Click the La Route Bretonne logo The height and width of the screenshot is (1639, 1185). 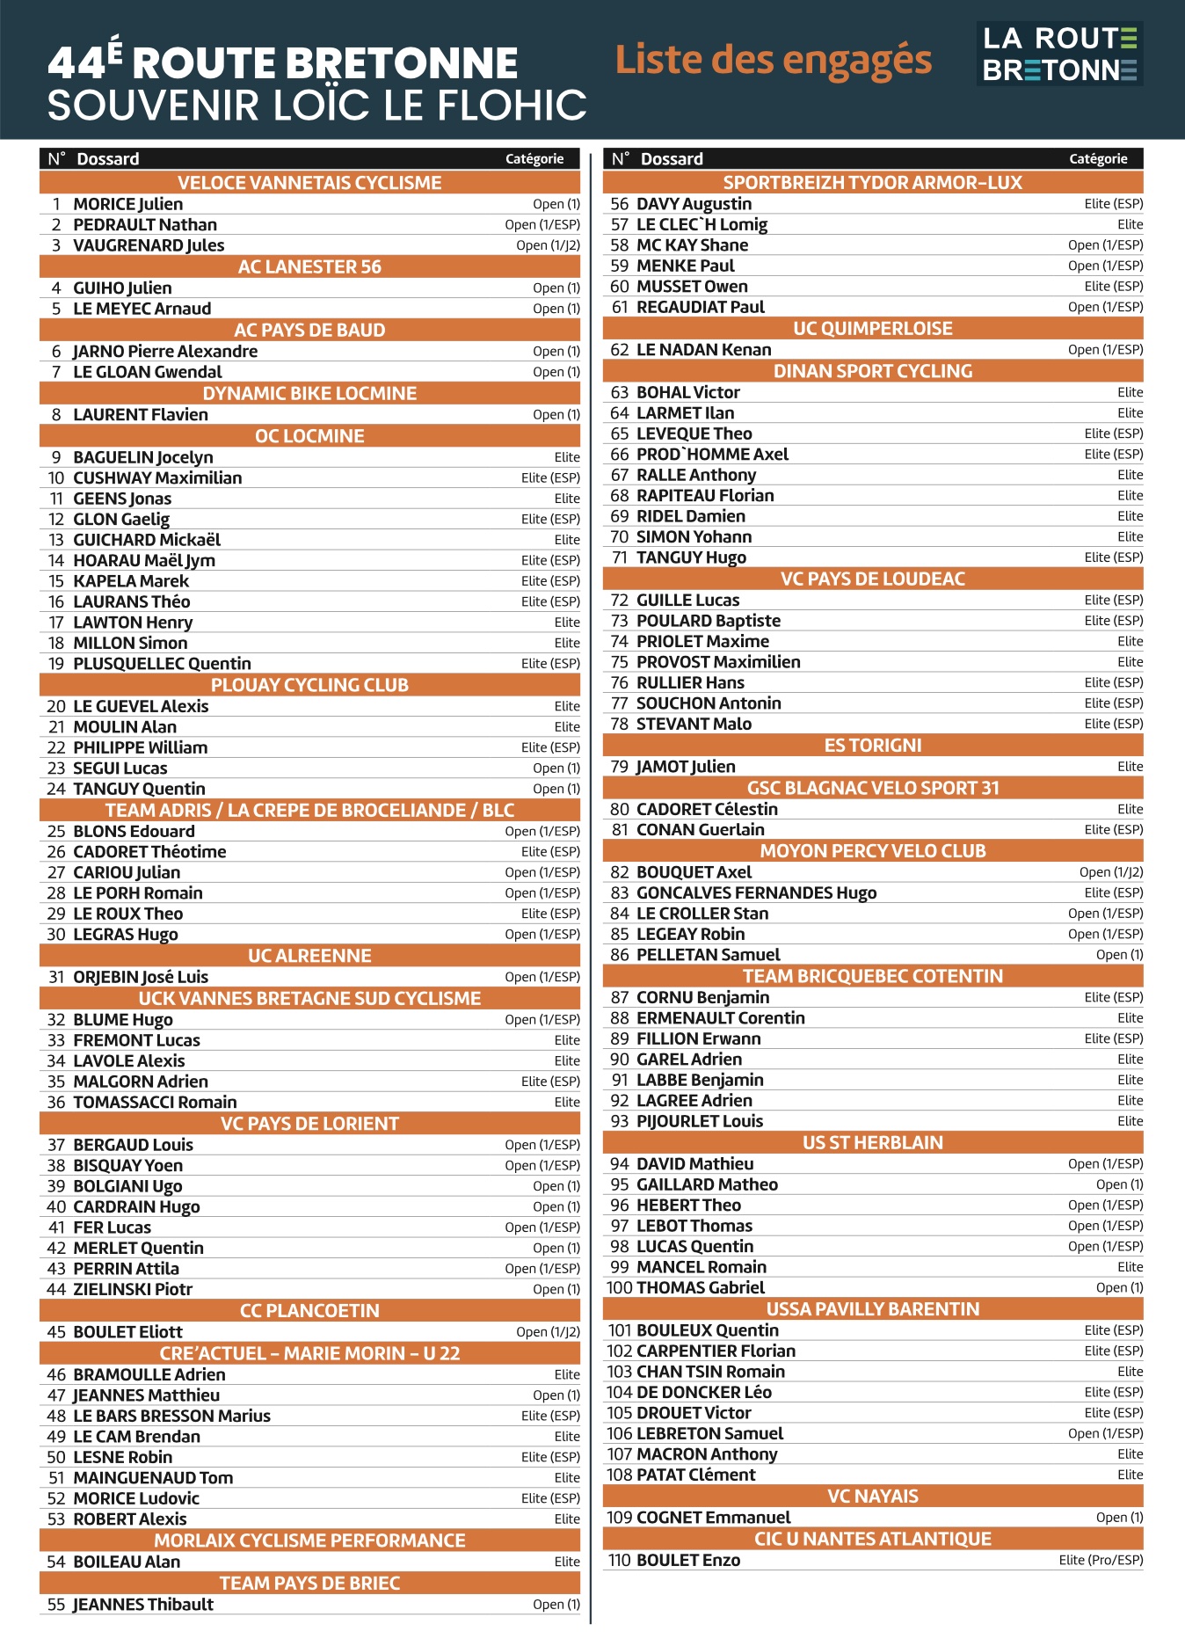[x=1059, y=54]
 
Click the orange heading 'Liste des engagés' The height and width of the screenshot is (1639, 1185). [x=773, y=60]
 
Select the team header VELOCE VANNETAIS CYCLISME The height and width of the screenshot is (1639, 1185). [x=309, y=183]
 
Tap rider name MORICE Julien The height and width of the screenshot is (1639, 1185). [x=128, y=204]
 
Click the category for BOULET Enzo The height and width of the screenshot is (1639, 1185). [x=1101, y=1560]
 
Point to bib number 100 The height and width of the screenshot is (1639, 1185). [x=619, y=1287]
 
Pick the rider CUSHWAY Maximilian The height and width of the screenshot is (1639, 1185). [x=157, y=477]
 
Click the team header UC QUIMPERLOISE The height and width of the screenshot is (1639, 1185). [x=872, y=329]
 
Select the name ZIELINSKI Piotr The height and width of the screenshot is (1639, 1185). [x=133, y=1289]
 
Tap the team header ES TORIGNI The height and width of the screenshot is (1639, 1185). [x=872, y=746]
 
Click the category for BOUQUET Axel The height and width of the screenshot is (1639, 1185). [x=1111, y=872]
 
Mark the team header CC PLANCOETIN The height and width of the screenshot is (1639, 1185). [x=309, y=1310]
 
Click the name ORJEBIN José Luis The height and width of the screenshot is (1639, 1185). [x=141, y=977]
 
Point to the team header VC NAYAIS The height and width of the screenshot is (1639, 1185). [x=872, y=1497]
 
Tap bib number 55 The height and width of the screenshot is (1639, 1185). [x=56, y=1604]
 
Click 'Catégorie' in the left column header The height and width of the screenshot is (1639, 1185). [x=534, y=159]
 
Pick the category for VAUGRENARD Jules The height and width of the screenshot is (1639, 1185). [x=548, y=245]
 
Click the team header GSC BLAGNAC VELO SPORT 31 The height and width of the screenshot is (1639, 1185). [x=872, y=788]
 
